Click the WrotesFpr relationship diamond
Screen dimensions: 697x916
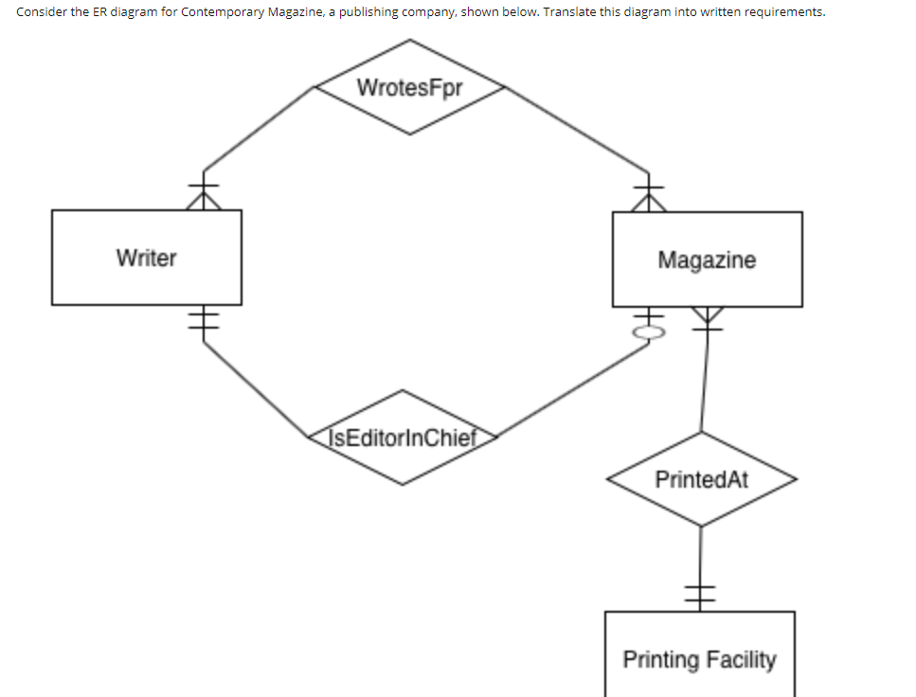click(x=409, y=87)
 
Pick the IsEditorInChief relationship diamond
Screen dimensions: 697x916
click(x=403, y=438)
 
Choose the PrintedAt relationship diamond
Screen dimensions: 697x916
click(x=701, y=479)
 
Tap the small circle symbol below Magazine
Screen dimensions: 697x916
click(x=649, y=332)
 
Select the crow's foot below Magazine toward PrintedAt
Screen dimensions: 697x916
click(x=707, y=317)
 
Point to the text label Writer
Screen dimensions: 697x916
click(x=146, y=258)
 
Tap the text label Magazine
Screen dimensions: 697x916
click(x=707, y=259)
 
